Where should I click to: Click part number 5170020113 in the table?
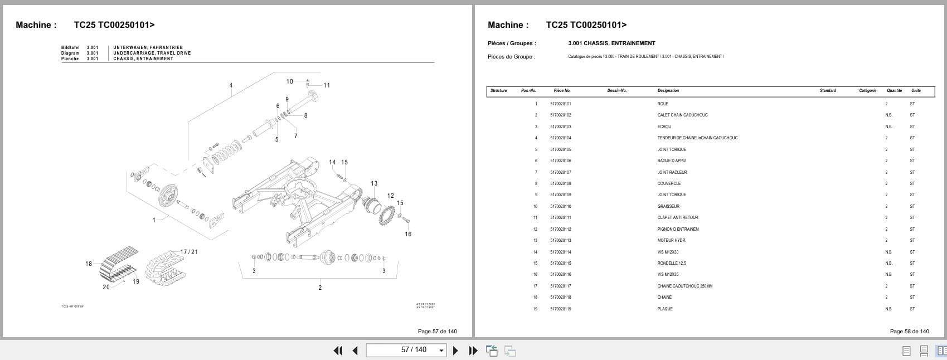[x=560, y=241]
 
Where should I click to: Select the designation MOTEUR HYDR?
[x=671, y=241]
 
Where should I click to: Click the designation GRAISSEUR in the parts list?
[x=668, y=206]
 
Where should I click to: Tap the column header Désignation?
[x=668, y=90]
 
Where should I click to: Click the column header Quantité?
[x=894, y=90]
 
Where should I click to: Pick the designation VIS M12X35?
[x=668, y=275]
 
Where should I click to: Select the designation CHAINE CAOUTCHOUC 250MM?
[x=684, y=286]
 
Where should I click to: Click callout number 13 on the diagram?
[x=374, y=183]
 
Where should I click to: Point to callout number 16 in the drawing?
[x=408, y=234]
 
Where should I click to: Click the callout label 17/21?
[x=189, y=252]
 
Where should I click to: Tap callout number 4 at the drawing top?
[x=231, y=85]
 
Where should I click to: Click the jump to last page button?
[x=473, y=351]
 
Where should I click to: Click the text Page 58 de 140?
[x=909, y=331]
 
